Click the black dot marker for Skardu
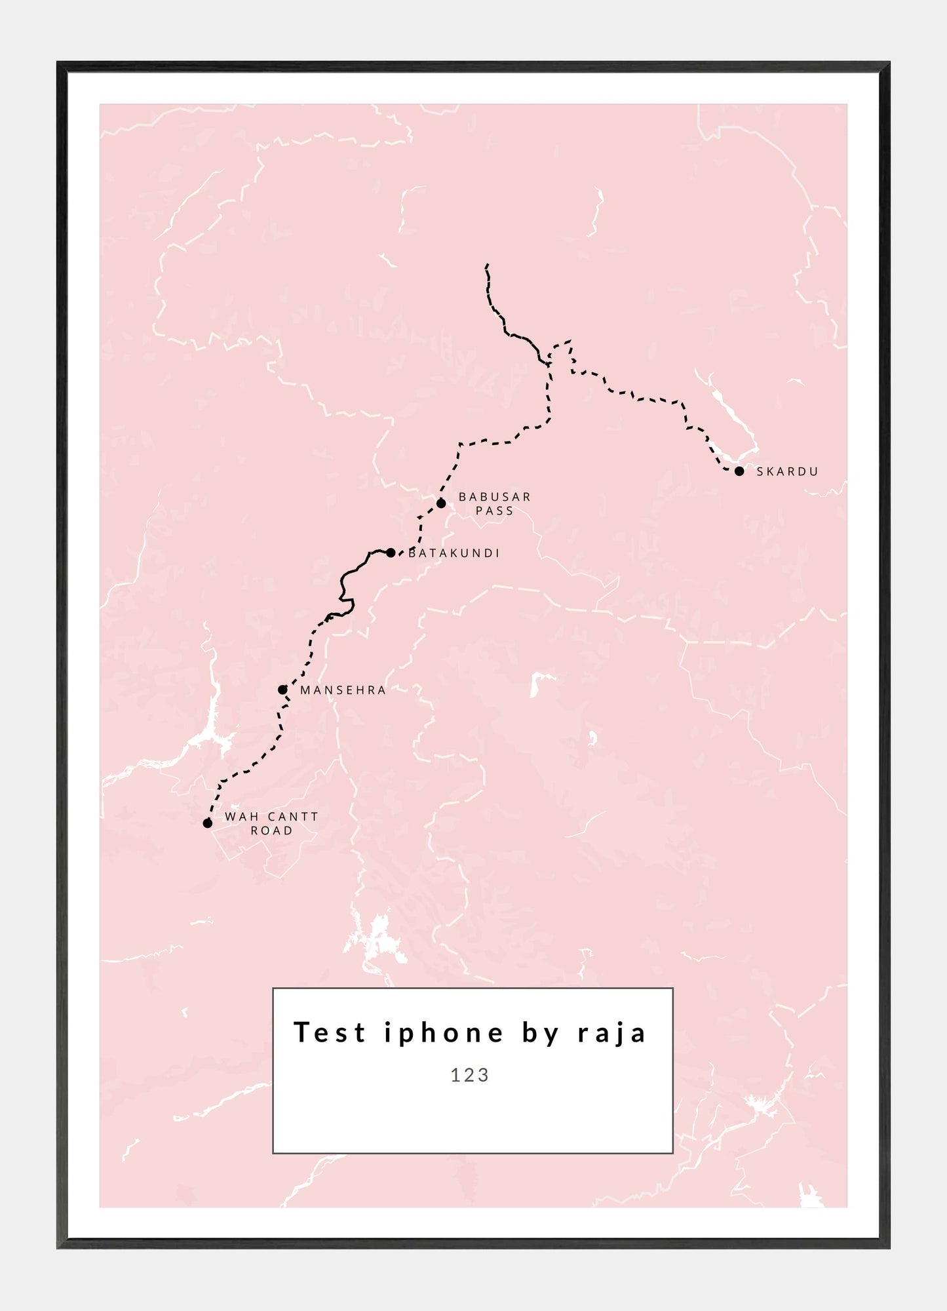click(x=739, y=471)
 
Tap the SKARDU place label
click(x=787, y=471)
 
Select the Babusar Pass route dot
click(x=441, y=503)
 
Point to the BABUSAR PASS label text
click(x=495, y=503)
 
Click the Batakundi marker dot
click(x=391, y=553)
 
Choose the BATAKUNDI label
click(x=454, y=553)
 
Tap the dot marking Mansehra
click(x=282, y=690)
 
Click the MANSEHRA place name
click(x=343, y=690)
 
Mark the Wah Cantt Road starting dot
click(x=208, y=823)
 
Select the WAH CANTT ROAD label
click(x=271, y=823)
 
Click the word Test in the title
click(x=329, y=1032)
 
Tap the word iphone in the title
click(x=444, y=1032)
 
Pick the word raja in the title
click(x=612, y=1032)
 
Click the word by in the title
click(x=541, y=1032)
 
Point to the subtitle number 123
click(x=470, y=1075)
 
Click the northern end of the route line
click(x=487, y=265)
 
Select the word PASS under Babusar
click(x=495, y=511)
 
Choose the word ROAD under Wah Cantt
click(x=271, y=831)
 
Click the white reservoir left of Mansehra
click(x=214, y=734)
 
